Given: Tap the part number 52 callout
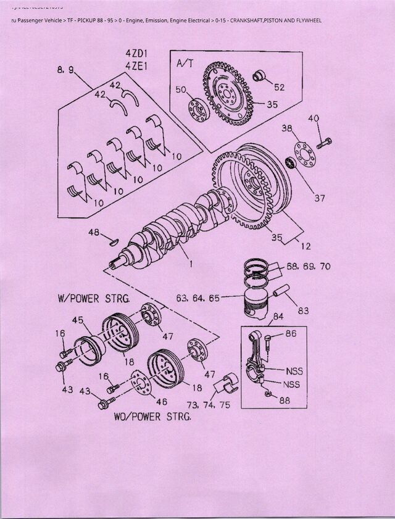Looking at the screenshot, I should pyautogui.click(x=279, y=88).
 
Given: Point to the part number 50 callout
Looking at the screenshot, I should pyautogui.click(x=181, y=90).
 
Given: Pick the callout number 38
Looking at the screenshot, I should pyautogui.click(x=287, y=129).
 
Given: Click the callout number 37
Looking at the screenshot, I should pyautogui.click(x=319, y=198).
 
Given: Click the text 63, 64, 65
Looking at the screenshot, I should pyautogui.click(x=198, y=298).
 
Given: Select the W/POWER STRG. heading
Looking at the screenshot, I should pyautogui.click(x=94, y=299).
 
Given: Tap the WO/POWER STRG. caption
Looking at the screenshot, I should pyautogui.click(x=152, y=416).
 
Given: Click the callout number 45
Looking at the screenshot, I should pyautogui.click(x=78, y=320).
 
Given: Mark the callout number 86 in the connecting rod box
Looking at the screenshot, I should pyautogui.click(x=291, y=334).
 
